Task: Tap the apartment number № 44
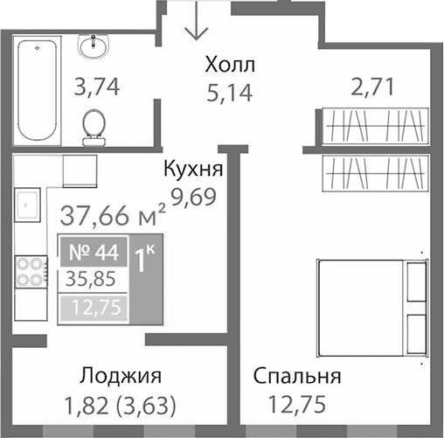pyautogui.click(x=95, y=254)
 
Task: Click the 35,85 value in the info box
pyautogui.click(x=93, y=281)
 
